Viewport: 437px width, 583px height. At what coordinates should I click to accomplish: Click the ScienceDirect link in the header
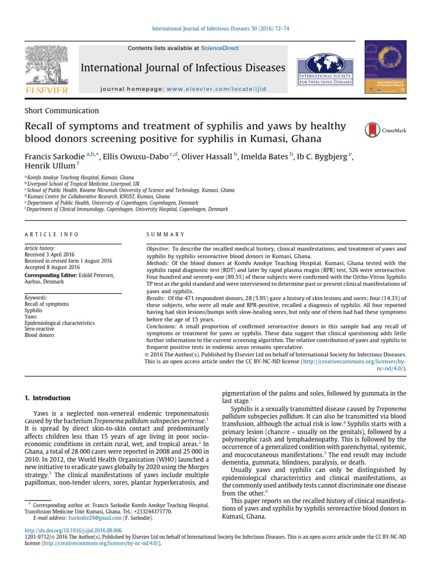[220, 49]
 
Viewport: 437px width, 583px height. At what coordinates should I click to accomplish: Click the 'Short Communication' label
[61, 111]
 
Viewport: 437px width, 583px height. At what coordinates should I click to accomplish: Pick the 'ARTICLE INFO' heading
[51, 235]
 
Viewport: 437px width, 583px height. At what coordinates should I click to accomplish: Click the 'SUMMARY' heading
[166, 235]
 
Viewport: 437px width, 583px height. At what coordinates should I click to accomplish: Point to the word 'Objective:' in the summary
[158, 249]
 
